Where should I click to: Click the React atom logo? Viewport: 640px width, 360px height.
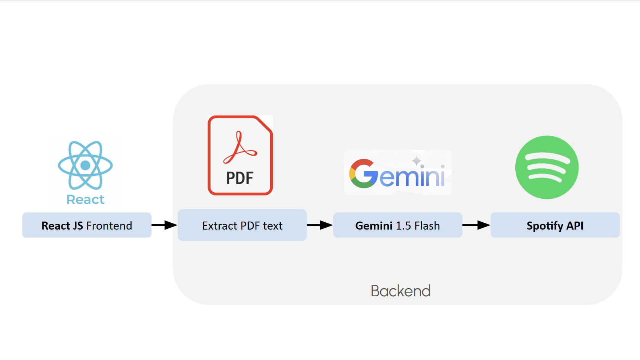(x=85, y=165)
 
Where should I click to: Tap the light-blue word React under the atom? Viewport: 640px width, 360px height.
(x=85, y=199)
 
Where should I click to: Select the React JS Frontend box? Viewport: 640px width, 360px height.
(x=87, y=225)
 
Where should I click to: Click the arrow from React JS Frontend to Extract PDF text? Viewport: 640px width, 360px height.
(x=164, y=225)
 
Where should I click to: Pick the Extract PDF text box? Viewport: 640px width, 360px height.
(x=242, y=225)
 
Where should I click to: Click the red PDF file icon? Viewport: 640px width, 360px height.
(x=240, y=156)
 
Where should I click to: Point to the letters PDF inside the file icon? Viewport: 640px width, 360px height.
(x=240, y=178)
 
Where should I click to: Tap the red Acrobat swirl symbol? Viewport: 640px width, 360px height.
(x=240, y=148)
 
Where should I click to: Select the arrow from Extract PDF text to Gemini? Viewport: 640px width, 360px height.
(x=320, y=225)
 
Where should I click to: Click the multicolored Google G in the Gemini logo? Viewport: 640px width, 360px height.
(x=363, y=174)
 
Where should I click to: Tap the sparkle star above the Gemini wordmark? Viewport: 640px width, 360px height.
(x=416, y=161)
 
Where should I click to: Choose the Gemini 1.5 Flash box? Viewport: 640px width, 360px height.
(x=397, y=225)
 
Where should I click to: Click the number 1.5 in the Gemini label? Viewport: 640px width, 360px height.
(x=404, y=226)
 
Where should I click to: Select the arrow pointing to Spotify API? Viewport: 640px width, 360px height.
(x=476, y=225)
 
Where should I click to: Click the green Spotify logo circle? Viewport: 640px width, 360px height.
(x=547, y=167)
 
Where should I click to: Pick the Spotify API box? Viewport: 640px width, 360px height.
(x=555, y=225)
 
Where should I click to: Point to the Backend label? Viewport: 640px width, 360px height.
(x=400, y=291)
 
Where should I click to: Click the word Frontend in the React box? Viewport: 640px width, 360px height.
(x=109, y=226)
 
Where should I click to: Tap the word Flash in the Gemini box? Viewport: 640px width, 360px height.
(x=427, y=226)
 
